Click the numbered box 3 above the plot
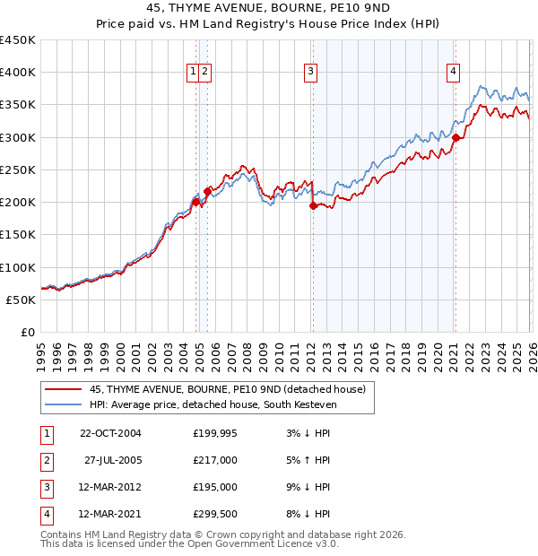(x=310, y=73)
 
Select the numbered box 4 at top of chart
(x=454, y=73)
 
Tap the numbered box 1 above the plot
(x=193, y=73)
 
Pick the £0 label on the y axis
(x=29, y=332)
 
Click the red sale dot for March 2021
(x=456, y=137)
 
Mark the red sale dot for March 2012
(x=313, y=205)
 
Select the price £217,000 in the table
(x=215, y=460)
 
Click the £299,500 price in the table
(x=215, y=514)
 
